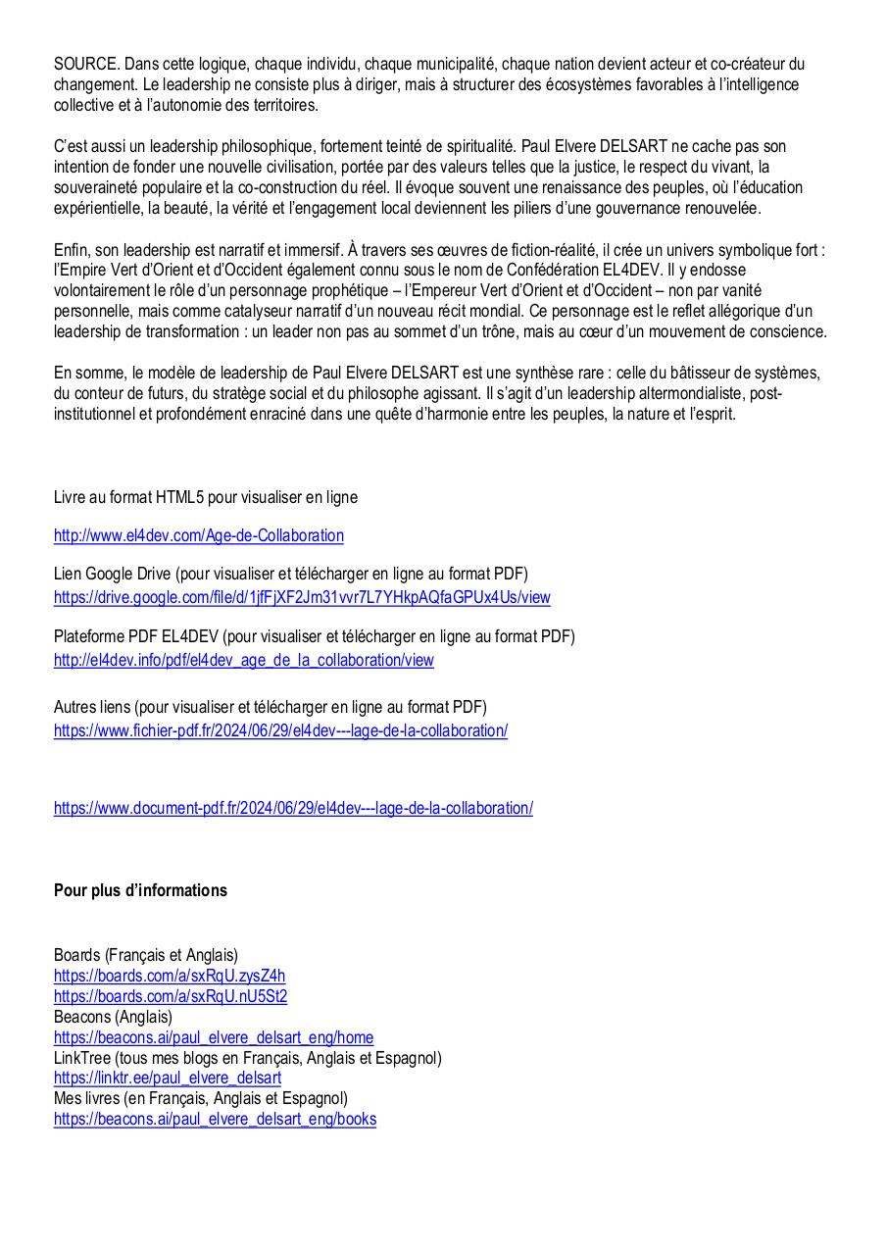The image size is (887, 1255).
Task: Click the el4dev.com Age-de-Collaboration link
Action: tap(198, 535)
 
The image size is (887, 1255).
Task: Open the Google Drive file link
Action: tap(302, 597)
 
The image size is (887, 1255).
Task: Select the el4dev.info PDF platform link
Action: tap(243, 660)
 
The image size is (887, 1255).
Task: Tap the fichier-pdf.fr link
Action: tap(280, 730)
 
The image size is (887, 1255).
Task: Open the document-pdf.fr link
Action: tap(293, 808)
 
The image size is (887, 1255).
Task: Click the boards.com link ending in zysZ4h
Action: tap(170, 976)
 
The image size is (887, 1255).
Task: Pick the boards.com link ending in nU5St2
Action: tap(171, 996)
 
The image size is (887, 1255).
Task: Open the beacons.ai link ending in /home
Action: tap(213, 1037)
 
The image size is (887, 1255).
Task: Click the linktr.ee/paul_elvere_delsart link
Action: tap(168, 1079)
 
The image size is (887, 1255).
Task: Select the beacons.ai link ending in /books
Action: tap(215, 1119)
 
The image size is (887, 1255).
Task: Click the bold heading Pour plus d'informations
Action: tap(140, 890)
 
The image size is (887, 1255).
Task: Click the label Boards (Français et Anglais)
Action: tap(146, 955)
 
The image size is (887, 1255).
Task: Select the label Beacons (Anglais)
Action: tap(113, 1017)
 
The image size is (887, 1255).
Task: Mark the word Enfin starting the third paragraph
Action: tap(72, 250)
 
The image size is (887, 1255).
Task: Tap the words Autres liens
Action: tap(92, 707)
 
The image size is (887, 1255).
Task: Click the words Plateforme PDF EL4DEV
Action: tap(126, 636)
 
